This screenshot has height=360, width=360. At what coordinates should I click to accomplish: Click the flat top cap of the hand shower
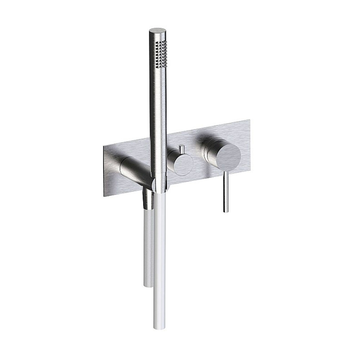[x=157, y=30]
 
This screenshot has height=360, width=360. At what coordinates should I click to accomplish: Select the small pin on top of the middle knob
[x=181, y=149]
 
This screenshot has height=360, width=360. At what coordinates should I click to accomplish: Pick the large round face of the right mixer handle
[x=227, y=156]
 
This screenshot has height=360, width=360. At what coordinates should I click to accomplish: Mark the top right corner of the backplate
[x=249, y=120]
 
